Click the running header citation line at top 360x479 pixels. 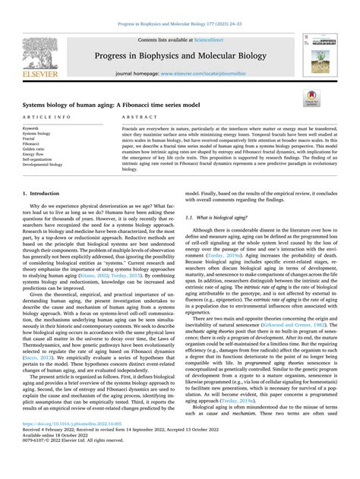pos(179,7)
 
